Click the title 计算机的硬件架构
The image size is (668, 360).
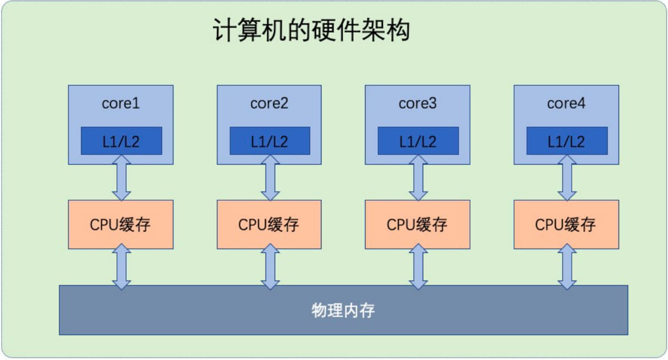point(311,32)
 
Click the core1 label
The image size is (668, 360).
point(121,103)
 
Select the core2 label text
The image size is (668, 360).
point(269,103)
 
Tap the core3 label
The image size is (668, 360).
point(418,103)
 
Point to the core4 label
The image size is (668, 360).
point(566,103)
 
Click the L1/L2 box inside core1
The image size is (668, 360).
point(121,141)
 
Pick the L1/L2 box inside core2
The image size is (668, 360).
point(270,141)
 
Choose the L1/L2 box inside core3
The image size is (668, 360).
point(418,141)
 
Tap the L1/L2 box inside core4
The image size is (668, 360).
point(567,141)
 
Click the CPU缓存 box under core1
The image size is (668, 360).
point(121,225)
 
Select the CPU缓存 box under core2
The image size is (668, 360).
point(269,225)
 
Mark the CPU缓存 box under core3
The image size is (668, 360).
point(417,225)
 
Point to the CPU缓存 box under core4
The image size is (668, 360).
point(566,225)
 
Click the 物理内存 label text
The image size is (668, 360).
point(343,311)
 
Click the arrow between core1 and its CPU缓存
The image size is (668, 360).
point(121,177)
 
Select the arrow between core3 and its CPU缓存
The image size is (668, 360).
point(418,177)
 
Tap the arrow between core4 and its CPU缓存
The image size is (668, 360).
point(567,177)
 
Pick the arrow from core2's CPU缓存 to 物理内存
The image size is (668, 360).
point(270,267)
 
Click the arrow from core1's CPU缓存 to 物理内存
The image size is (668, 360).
point(121,267)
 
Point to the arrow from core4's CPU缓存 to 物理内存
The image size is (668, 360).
point(567,267)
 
